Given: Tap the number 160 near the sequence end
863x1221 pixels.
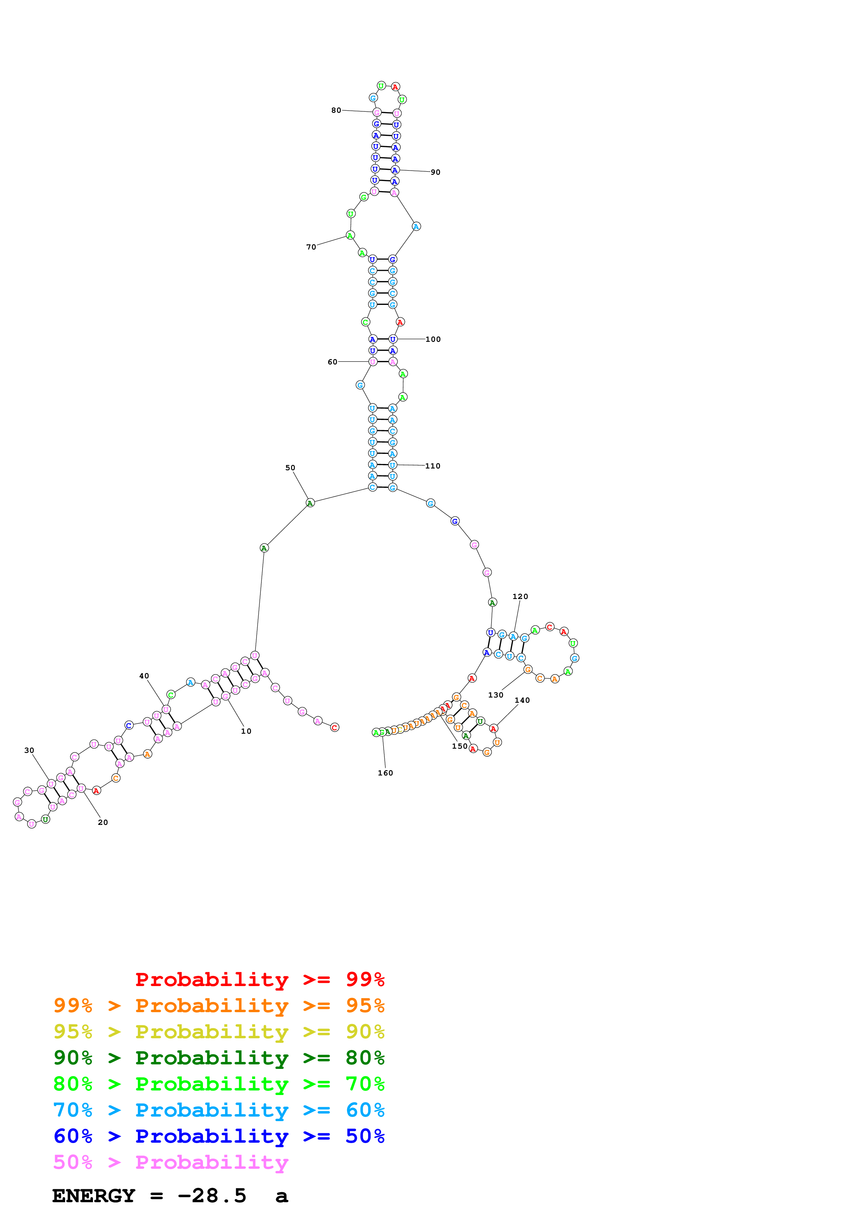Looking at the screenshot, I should pyautogui.click(x=385, y=773).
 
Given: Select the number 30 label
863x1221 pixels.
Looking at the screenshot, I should pyautogui.click(x=29, y=750).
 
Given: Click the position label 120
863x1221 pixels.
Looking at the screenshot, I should pyautogui.click(x=520, y=597).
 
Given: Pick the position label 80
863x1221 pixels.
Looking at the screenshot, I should pyautogui.click(x=336, y=111).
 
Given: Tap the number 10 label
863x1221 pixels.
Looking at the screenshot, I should pyautogui.click(x=246, y=731).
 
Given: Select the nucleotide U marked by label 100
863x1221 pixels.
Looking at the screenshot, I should pyautogui.click(x=392, y=339).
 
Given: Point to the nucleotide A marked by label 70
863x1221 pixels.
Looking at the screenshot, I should pyautogui.click(x=350, y=236).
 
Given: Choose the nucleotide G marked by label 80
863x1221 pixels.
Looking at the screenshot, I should pyautogui.click(x=376, y=112).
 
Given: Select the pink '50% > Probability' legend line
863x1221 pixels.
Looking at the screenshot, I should pyautogui.click(x=170, y=1163).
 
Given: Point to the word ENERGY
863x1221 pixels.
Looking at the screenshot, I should pyautogui.click(x=93, y=1196).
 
